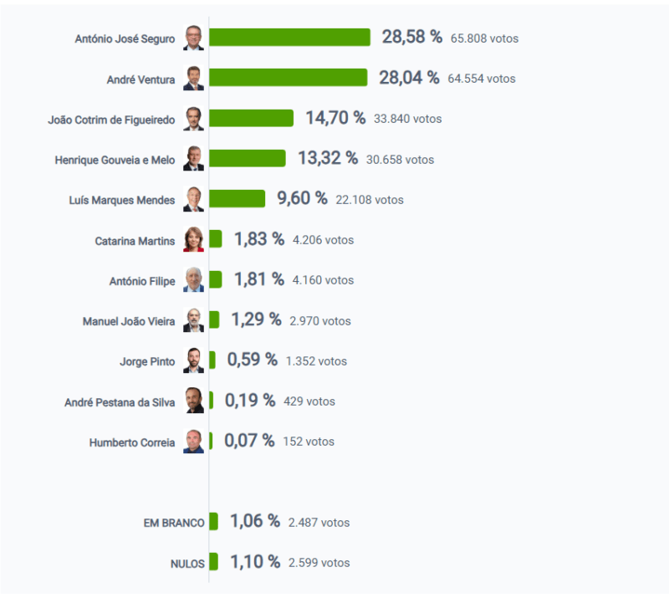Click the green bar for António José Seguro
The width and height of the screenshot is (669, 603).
[289, 38]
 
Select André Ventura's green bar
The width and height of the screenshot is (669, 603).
[288, 78]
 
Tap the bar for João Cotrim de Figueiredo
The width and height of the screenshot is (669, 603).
[251, 118]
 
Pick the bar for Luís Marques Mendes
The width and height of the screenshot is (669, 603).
[237, 198]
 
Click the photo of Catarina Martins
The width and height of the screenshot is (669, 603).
[193, 239]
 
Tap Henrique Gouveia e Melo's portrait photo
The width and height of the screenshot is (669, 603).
[193, 159]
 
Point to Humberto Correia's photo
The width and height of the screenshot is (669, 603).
[193, 442]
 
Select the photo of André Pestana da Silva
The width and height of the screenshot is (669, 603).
[193, 401]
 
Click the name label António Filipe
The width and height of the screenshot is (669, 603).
[142, 282]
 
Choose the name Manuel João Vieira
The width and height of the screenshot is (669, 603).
[129, 322]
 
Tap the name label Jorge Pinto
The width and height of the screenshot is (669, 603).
[147, 362]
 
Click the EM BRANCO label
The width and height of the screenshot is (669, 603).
[174, 523]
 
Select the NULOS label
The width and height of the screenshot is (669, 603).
[187, 564]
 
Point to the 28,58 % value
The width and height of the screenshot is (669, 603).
[412, 37]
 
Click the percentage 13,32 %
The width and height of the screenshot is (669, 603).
[328, 158]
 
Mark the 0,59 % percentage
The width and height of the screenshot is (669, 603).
[252, 360]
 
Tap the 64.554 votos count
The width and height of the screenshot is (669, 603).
[482, 79]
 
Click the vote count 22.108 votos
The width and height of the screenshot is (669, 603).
[370, 200]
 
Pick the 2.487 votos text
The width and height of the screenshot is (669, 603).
[319, 523]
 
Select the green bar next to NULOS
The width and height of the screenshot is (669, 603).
[213, 562]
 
